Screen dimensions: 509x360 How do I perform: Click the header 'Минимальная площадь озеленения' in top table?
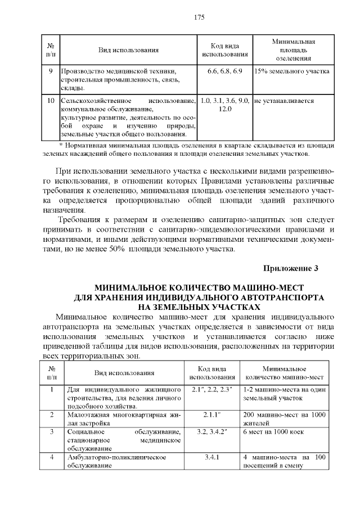click(293, 50)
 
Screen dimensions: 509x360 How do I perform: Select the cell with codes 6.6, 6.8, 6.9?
click(224, 71)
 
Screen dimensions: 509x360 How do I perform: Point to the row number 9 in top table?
click(51, 71)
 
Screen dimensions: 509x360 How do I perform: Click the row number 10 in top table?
click(51, 100)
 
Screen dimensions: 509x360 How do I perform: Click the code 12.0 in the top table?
click(224, 108)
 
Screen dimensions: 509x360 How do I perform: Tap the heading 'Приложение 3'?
click(291, 268)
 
